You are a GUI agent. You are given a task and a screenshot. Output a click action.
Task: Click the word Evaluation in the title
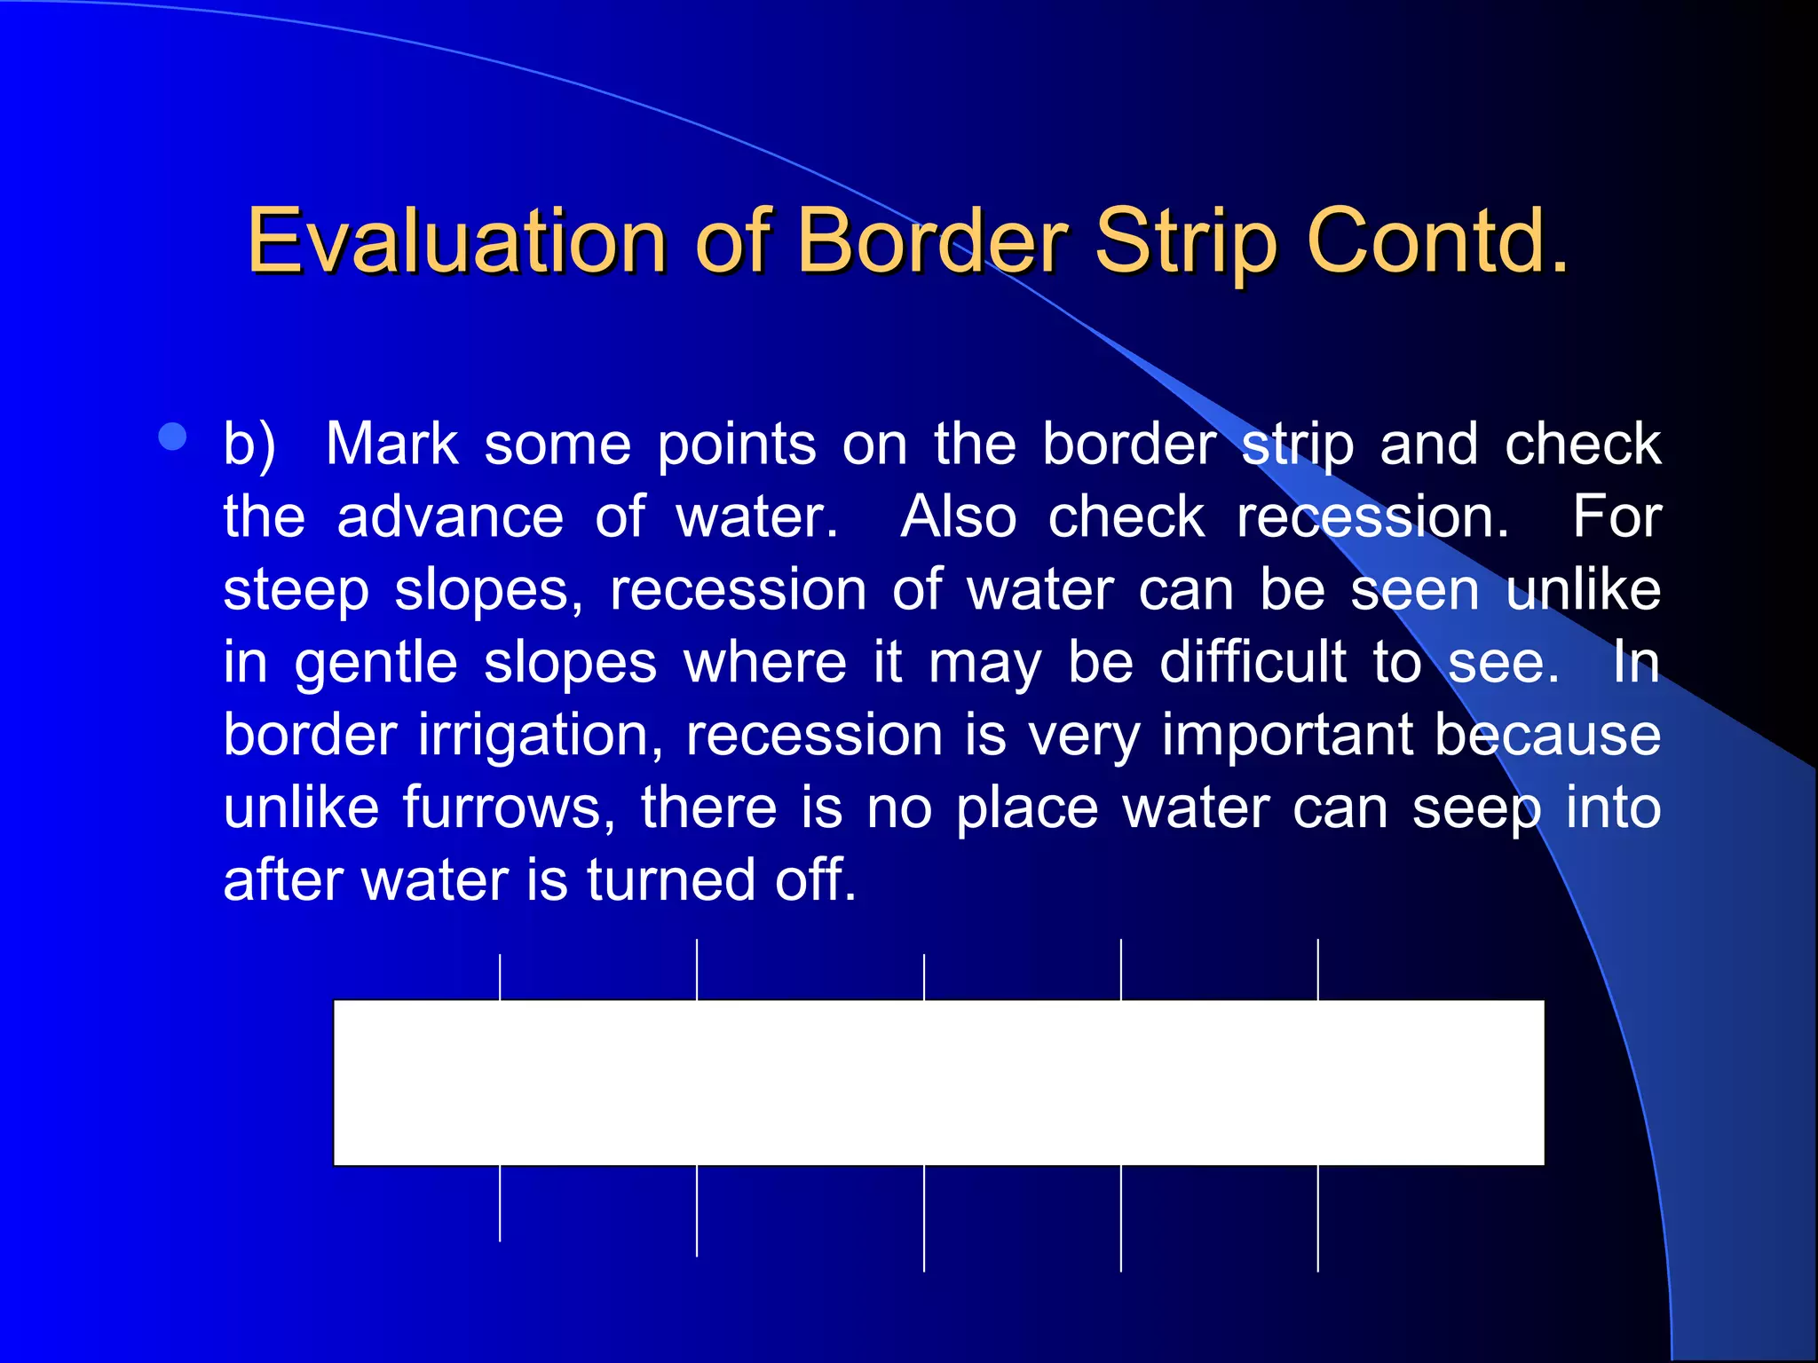456,241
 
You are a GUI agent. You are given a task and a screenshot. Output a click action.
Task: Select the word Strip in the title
1186,241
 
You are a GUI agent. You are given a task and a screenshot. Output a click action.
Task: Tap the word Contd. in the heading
1438,241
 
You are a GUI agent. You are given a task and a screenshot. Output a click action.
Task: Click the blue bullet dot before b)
172,437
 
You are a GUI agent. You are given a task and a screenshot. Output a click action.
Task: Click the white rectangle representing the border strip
938,1083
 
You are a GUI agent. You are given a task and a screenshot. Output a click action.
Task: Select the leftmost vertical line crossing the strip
500,1207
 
